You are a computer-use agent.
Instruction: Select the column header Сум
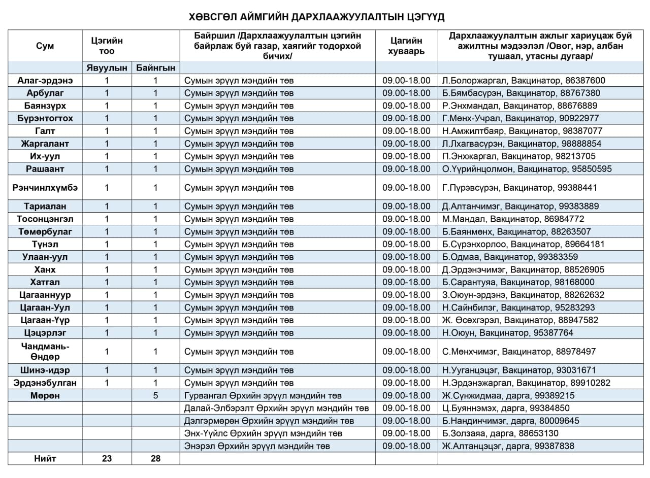(x=45, y=46)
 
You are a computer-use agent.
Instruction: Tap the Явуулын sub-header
(x=107, y=67)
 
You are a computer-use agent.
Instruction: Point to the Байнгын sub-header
(x=155, y=67)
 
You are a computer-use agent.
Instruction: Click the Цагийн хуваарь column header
(x=406, y=46)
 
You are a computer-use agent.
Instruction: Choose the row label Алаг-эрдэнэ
(x=45, y=80)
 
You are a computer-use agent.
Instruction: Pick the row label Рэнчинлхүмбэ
(x=45, y=188)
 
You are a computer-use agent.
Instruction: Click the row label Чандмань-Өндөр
(x=45, y=351)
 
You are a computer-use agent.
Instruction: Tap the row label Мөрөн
(x=45, y=395)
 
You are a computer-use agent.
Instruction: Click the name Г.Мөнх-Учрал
(x=469, y=118)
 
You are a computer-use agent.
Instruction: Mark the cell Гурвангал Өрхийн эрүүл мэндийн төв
(x=263, y=395)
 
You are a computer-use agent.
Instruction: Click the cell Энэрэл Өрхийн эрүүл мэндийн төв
(x=257, y=446)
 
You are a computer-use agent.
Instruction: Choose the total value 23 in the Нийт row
(x=107, y=459)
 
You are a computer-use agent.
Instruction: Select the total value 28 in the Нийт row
(x=155, y=459)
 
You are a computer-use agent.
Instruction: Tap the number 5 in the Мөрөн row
(x=155, y=395)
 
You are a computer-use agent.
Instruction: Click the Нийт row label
(x=45, y=459)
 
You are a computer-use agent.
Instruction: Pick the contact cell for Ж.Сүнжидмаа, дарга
(x=508, y=395)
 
